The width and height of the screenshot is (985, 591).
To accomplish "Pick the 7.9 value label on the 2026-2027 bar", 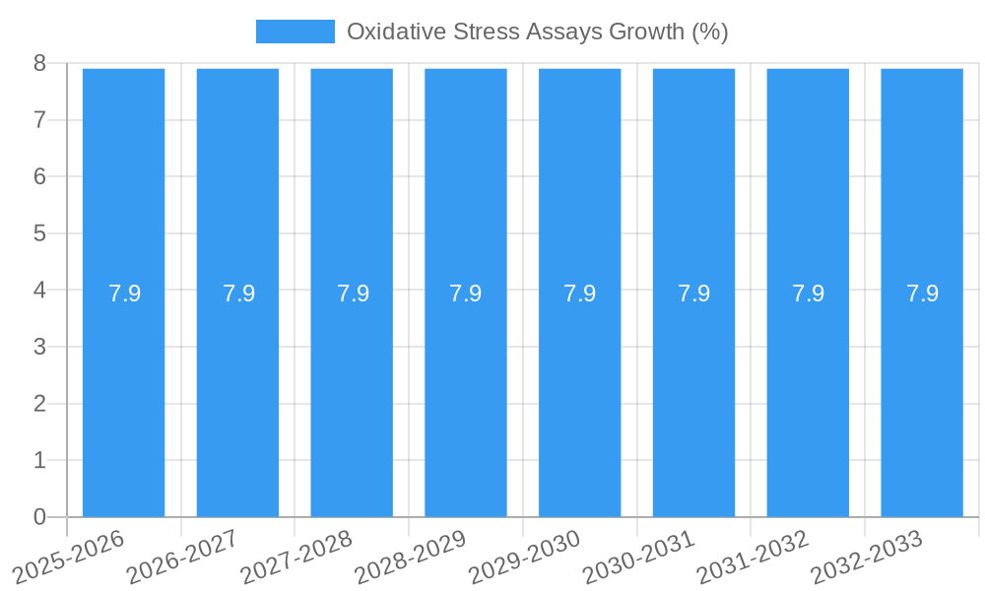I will (x=238, y=294).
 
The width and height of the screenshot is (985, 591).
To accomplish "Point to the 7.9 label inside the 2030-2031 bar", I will (x=694, y=294).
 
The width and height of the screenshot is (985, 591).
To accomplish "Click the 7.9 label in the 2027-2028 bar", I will (x=353, y=294).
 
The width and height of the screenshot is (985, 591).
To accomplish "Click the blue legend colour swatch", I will (x=295, y=32).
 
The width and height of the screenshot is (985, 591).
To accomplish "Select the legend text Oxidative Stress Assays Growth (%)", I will (x=537, y=32).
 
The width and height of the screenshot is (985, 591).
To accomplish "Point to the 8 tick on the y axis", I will (x=39, y=64).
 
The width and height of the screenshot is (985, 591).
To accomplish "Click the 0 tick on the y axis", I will (x=39, y=517).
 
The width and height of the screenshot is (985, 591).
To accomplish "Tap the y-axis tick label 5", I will (x=39, y=233).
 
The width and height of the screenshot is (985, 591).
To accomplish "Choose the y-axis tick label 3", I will (x=39, y=347).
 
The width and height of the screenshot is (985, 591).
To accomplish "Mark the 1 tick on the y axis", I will (x=39, y=460).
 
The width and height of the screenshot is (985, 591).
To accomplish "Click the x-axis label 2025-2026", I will (x=69, y=558).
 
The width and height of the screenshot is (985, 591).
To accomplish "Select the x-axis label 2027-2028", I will (x=296, y=558).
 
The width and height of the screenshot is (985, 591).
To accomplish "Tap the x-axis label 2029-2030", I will (x=525, y=558).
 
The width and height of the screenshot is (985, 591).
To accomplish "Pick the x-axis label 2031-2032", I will (x=753, y=558).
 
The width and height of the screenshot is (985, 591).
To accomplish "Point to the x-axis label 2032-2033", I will (x=867, y=558).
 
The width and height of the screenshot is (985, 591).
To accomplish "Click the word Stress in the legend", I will (x=484, y=32).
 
